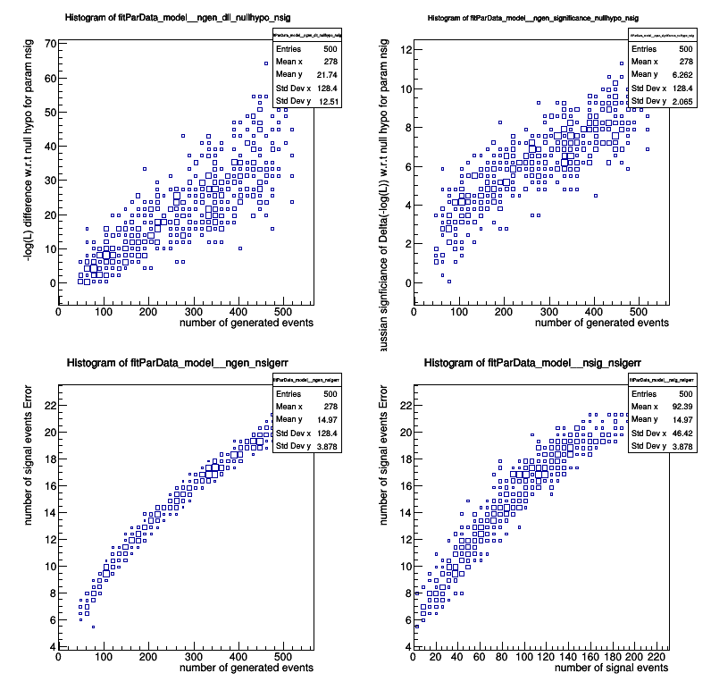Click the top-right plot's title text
click(x=533, y=18)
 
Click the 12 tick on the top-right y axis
click(x=405, y=49)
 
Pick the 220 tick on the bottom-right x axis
click(x=657, y=657)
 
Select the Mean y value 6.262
click(x=680, y=74)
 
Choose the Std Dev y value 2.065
click(x=680, y=101)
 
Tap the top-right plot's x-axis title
click(x=601, y=323)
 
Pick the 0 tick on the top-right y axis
click(x=406, y=282)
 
